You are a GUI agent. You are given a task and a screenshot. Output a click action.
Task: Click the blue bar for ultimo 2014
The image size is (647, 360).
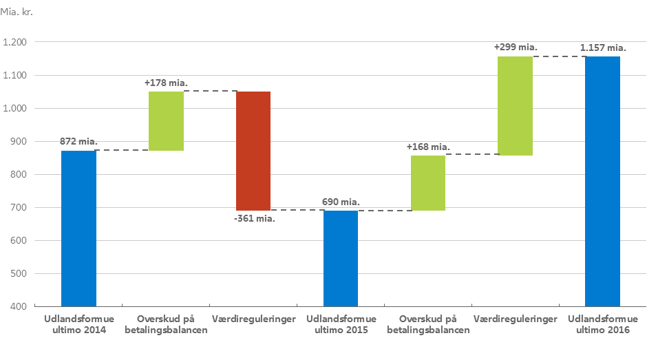(78, 228)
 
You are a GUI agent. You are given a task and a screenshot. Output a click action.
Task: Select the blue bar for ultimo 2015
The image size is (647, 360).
(341, 258)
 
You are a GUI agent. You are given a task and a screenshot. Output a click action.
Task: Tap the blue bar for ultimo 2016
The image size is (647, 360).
(602, 181)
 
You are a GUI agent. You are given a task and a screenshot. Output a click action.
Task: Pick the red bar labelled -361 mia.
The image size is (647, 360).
(253, 151)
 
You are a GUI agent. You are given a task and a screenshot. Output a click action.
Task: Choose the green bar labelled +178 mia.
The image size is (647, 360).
(166, 120)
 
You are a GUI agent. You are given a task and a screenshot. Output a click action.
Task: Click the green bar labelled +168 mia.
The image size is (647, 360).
(428, 182)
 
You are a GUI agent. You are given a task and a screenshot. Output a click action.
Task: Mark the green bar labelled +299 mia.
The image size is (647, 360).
(515, 105)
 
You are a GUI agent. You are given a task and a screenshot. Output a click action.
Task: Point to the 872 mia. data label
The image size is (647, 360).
(78, 141)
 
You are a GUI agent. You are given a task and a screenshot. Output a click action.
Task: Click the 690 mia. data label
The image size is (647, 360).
(341, 202)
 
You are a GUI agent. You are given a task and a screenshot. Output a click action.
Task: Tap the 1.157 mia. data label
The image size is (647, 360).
(602, 47)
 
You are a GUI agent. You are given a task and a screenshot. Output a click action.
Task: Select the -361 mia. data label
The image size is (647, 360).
(254, 218)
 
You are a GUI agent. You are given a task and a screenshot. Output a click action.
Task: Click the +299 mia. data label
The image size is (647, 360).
(516, 47)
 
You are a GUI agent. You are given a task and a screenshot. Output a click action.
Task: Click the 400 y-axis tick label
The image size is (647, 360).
(19, 306)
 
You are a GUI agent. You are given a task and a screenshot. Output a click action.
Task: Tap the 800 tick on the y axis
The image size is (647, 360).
(19, 175)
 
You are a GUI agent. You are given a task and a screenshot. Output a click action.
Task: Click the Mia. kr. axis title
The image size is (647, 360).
(17, 12)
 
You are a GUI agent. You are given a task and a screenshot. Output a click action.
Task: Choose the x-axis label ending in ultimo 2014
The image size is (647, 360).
(78, 324)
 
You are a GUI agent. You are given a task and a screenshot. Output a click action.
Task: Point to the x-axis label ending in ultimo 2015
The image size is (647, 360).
(341, 324)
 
